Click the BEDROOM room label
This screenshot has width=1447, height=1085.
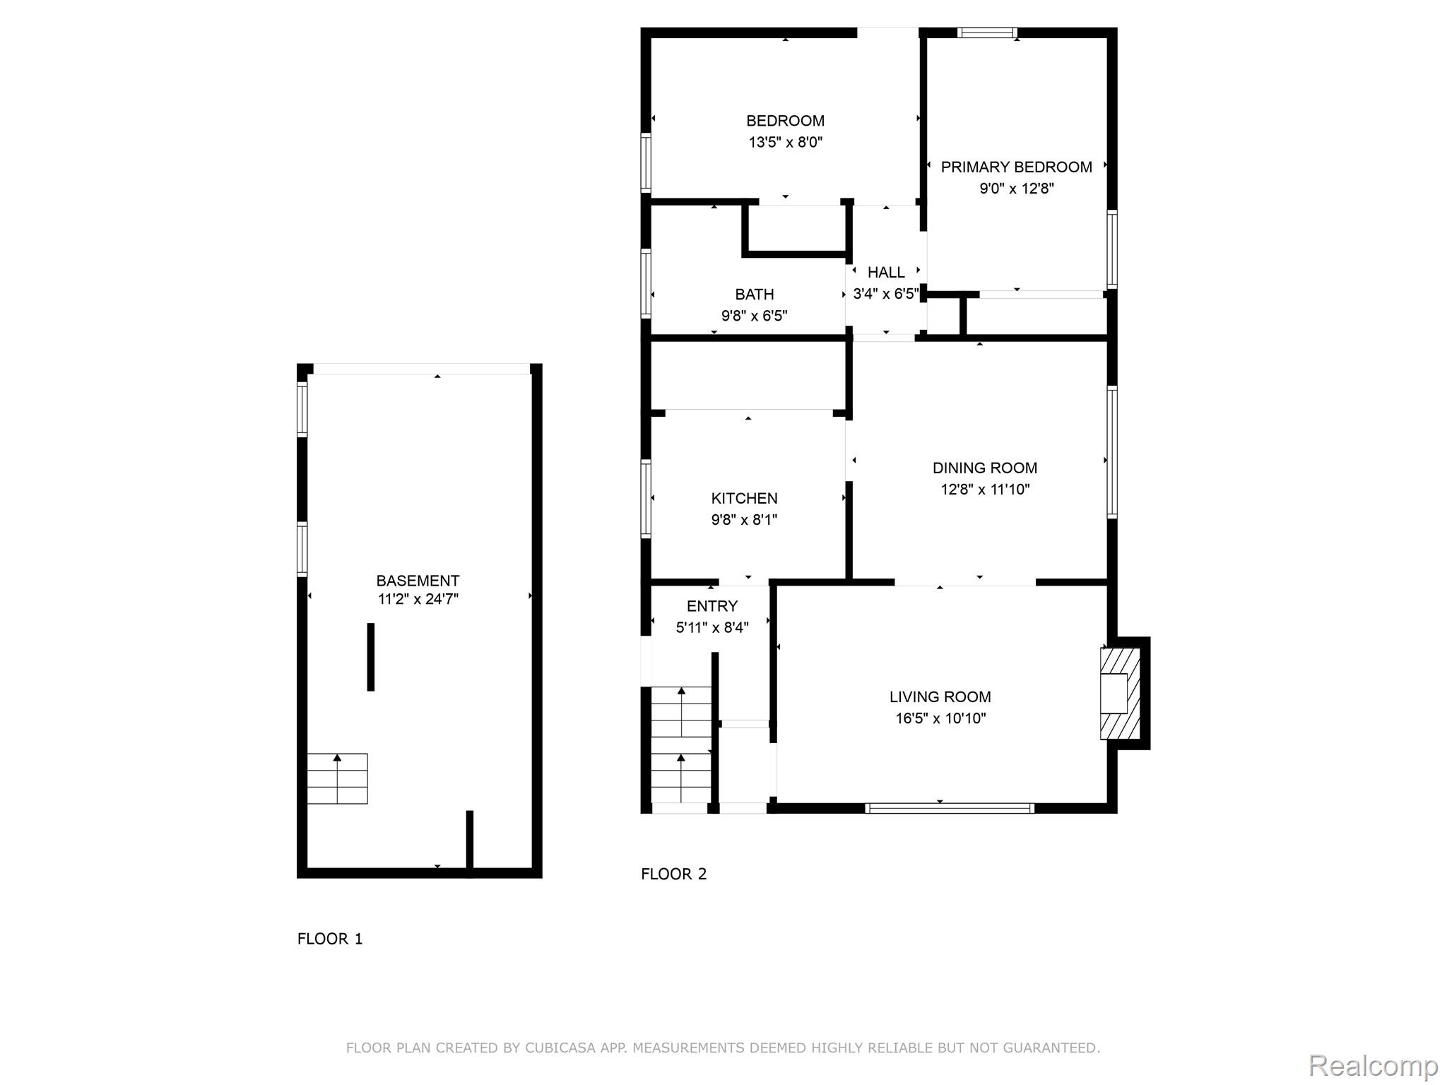point(785,121)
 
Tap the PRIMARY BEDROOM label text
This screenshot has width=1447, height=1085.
point(1016,167)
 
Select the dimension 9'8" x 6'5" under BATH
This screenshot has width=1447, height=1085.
point(754,316)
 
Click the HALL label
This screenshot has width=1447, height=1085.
point(886,273)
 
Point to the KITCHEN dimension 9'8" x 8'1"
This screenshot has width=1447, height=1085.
point(744,520)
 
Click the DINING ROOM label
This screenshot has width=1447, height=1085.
point(984,468)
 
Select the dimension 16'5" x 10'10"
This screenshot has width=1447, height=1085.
point(940,718)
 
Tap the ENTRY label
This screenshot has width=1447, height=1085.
point(711,606)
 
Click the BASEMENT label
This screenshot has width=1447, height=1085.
point(418,581)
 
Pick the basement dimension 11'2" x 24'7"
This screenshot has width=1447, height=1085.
point(418,600)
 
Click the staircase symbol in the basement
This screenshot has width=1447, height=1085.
point(337,778)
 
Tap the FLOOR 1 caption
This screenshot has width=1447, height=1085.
point(329,939)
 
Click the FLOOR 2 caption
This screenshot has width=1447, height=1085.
point(673,874)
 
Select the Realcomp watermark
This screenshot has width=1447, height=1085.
point(1373,1066)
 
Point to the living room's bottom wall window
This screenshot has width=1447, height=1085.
point(949,808)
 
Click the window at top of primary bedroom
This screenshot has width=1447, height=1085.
point(987,32)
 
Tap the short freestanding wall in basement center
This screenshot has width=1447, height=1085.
point(370,657)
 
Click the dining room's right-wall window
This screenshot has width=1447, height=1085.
point(1111,452)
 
